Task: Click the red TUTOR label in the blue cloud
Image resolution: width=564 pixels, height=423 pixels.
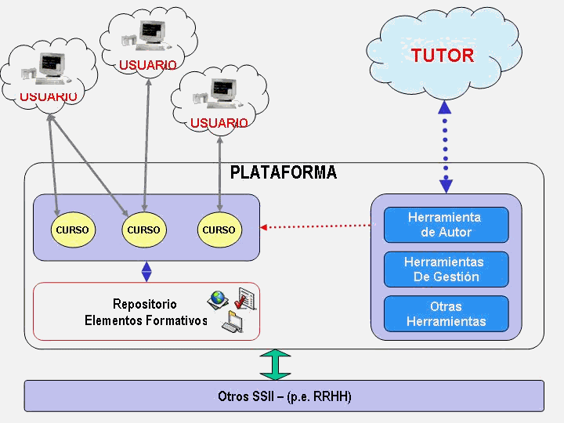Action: (x=443, y=56)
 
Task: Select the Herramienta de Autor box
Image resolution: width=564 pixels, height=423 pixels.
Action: (x=445, y=225)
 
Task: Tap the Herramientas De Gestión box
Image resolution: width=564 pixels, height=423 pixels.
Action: (x=446, y=269)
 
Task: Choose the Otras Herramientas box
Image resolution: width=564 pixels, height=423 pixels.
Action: (x=446, y=314)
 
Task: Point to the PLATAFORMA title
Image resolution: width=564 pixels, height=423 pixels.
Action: (x=284, y=173)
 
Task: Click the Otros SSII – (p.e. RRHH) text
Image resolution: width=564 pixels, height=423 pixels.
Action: (x=284, y=396)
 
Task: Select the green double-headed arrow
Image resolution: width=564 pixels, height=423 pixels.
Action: (x=275, y=364)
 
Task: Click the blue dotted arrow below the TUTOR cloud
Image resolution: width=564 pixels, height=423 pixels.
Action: (x=445, y=149)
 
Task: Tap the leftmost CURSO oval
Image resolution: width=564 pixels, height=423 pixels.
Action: (x=72, y=230)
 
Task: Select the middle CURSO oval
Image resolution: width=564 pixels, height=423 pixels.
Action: (x=143, y=230)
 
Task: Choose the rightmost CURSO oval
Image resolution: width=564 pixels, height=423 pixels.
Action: (x=219, y=230)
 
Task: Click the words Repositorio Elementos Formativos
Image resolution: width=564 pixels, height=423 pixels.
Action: (x=145, y=313)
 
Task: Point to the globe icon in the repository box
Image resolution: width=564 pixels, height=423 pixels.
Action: (x=217, y=298)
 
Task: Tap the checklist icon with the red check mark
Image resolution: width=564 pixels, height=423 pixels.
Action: (x=244, y=299)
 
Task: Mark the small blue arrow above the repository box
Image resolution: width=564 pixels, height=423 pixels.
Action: (x=146, y=271)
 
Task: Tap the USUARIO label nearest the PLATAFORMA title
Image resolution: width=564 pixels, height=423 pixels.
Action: (x=219, y=123)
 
